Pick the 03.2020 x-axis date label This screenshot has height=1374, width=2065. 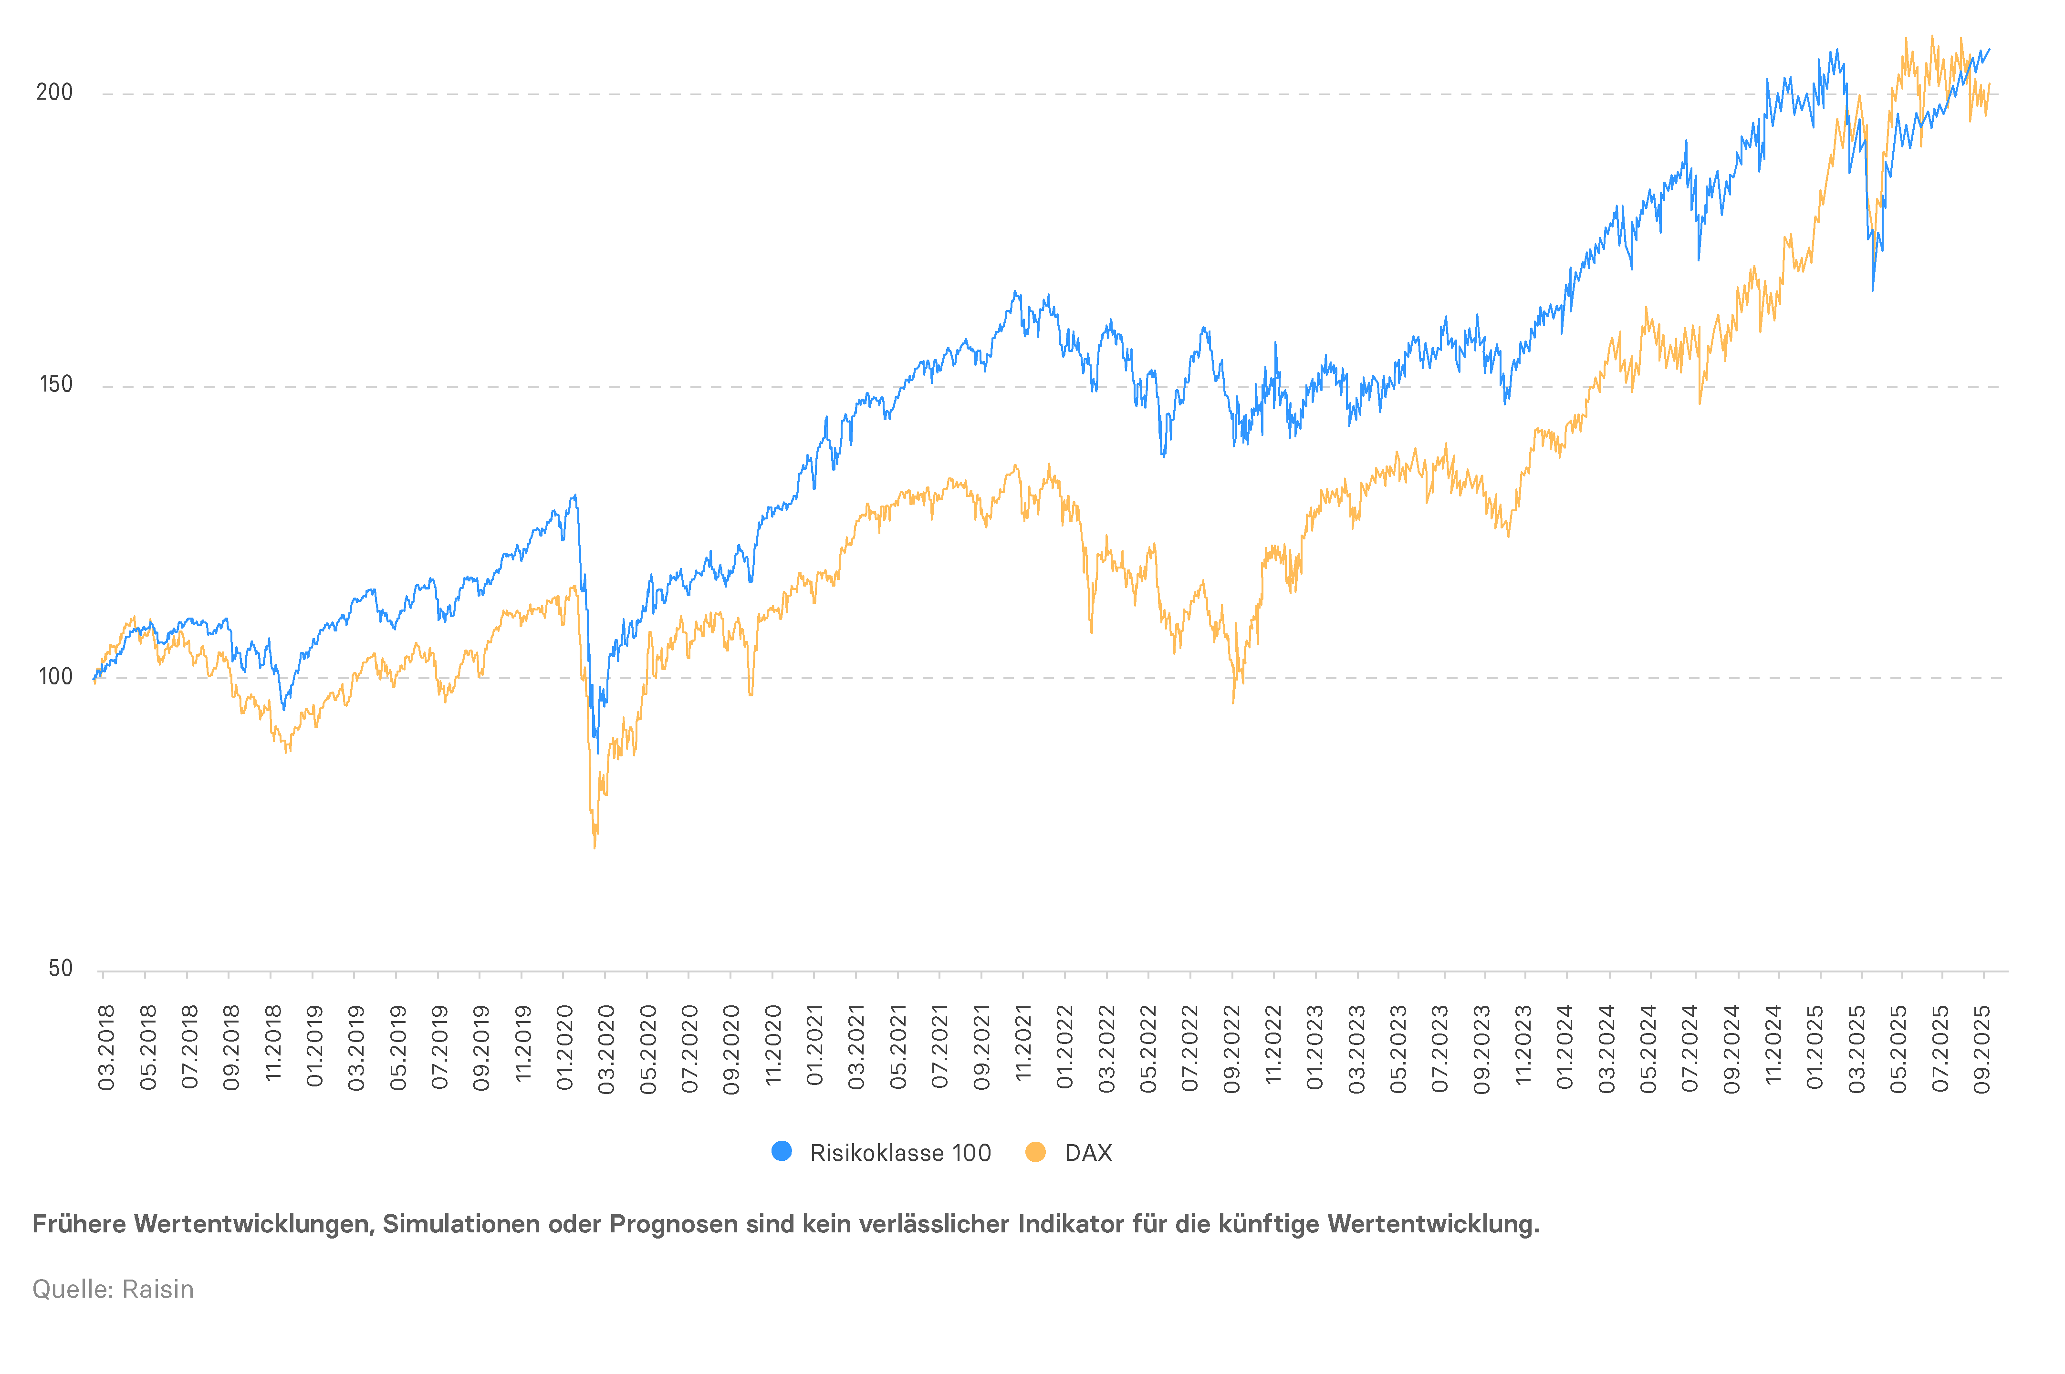coord(605,1048)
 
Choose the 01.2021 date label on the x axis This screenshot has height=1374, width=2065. coord(814,1048)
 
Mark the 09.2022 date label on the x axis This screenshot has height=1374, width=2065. coord(1231,1048)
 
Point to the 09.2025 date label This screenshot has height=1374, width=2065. coord(1982,1048)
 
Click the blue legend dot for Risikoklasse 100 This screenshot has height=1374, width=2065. coord(781,1151)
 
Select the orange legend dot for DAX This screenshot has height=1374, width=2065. coord(1035,1151)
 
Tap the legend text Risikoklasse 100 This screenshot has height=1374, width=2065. coord(900,1152)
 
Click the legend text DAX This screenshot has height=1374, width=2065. coord(1088,1152)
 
